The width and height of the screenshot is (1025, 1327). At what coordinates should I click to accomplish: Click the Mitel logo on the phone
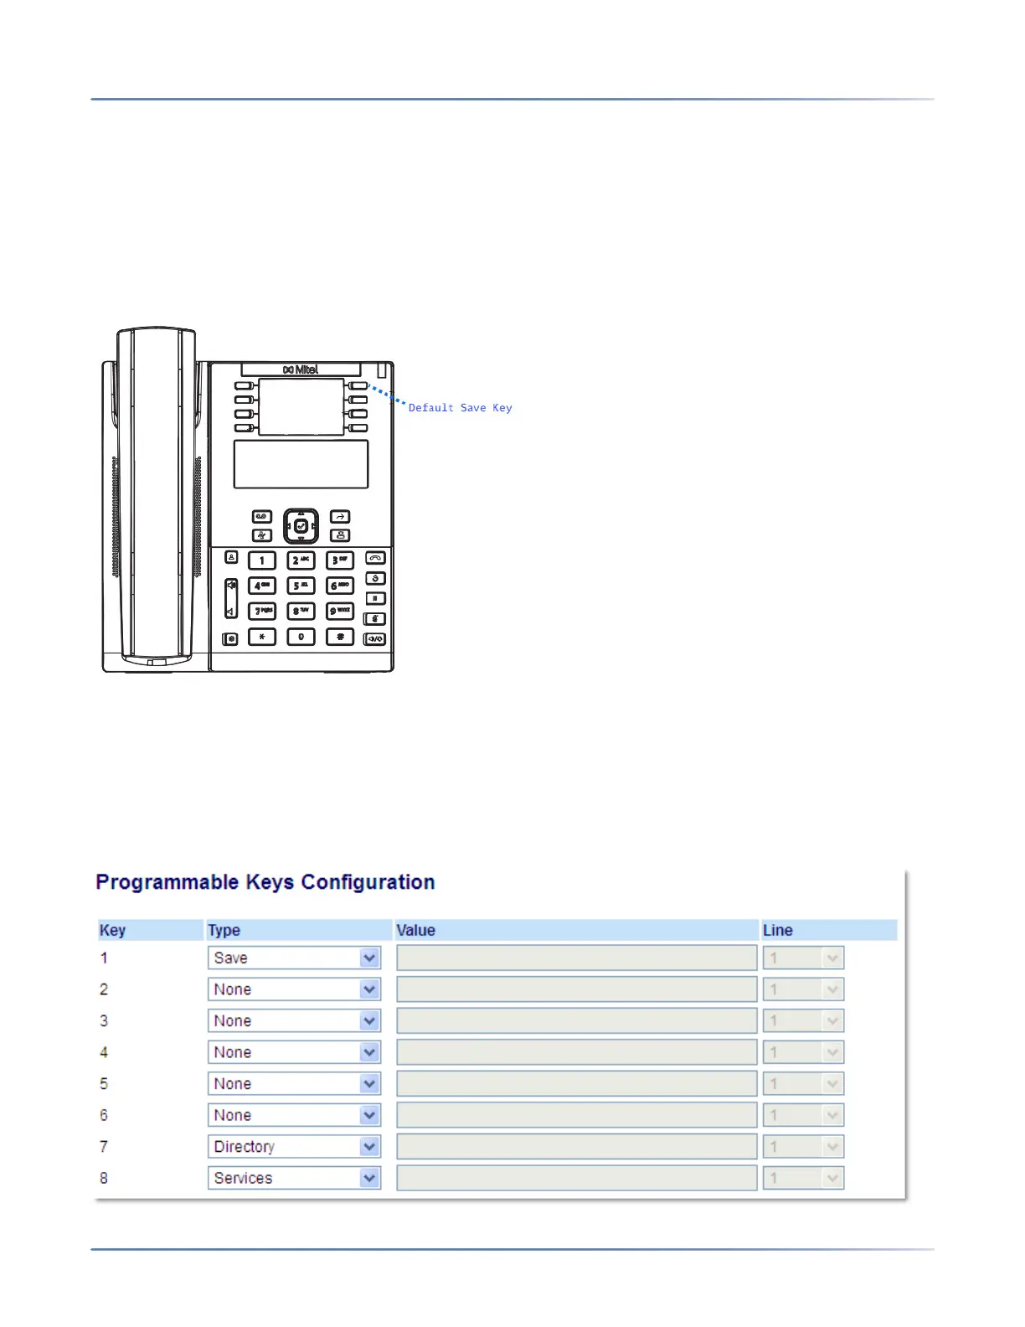301,369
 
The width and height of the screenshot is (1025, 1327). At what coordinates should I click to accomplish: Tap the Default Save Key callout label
460,408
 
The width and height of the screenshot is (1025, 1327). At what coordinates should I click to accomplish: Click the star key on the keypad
262,638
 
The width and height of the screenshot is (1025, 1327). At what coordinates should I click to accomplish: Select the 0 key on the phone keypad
301,638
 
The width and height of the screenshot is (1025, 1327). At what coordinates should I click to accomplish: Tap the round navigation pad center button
301,526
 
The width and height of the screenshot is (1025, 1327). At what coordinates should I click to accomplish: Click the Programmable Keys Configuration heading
265,882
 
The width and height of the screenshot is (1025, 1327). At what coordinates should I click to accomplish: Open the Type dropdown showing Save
294,958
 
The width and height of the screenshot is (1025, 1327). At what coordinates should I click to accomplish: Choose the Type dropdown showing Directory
294,1147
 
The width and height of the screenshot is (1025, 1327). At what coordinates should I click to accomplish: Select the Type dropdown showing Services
294,1178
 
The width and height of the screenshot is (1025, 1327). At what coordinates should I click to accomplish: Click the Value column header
416,930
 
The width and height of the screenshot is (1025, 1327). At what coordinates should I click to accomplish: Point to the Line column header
777,930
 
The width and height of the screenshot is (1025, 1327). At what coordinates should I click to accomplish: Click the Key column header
112,930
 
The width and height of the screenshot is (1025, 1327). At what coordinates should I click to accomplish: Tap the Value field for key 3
576,1021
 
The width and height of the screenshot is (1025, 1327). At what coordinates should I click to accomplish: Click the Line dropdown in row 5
802,1084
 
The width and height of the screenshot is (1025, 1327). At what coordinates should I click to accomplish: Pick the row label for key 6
104,1115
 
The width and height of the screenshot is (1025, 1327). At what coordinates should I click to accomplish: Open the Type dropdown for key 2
294,989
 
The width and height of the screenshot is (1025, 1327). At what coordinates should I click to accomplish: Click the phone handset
156,494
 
